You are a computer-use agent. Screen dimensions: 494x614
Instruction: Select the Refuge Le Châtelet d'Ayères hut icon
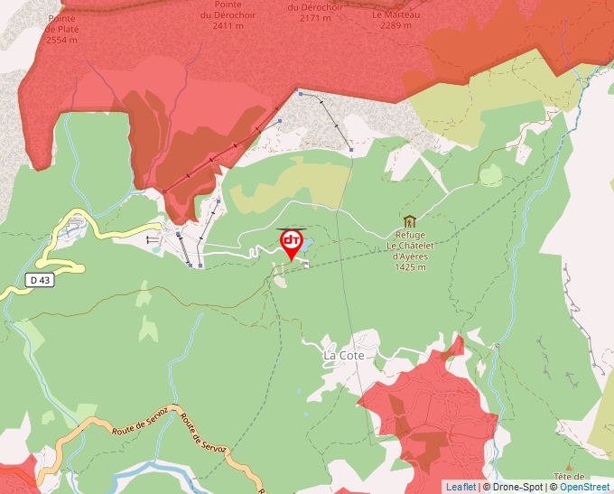tap(410, 221)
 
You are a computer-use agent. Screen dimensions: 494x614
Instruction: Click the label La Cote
tap(343, 356)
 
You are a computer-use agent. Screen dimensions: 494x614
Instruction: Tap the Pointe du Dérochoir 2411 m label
tap(222, 15)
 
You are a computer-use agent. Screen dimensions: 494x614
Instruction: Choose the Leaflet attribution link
tap(460, 487)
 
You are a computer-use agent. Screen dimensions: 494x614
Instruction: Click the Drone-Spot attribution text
tap(513, 487)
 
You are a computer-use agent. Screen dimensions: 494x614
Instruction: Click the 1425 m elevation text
tap(410, 267)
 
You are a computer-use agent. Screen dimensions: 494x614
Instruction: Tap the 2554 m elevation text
tap(61, 40)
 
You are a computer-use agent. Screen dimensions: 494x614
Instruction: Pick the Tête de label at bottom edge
tap(570, 477)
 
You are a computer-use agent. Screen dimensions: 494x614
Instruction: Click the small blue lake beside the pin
tap(307, 245)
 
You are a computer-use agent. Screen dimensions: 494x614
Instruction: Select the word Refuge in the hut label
tap(410, 235)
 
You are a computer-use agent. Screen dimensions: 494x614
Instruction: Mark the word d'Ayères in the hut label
tap(410, 256)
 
